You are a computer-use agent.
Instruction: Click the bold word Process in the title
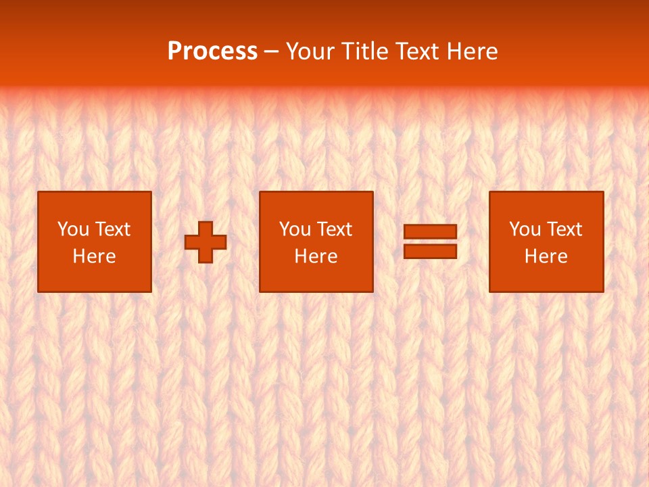click(x=212, y=51)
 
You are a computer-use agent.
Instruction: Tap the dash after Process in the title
click(x=272, y=52)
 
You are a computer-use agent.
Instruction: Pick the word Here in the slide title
click(x=474, y=51)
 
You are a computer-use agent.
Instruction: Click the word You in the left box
click(x=73, y=229)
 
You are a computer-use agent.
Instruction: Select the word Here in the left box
click(x=94, y=256)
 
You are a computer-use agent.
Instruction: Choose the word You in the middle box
click(x=295, y=229)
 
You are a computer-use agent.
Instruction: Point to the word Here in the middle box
click(x=316, y=256)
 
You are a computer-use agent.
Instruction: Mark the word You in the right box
click(x=525, y=229)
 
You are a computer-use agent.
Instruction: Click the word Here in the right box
click(x=546, y=256)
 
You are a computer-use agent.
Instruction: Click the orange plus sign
click(x=206, y=242)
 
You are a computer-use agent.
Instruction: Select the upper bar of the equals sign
click(x=430, y=232)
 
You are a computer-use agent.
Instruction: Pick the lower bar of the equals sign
click(x=430, y=251)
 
